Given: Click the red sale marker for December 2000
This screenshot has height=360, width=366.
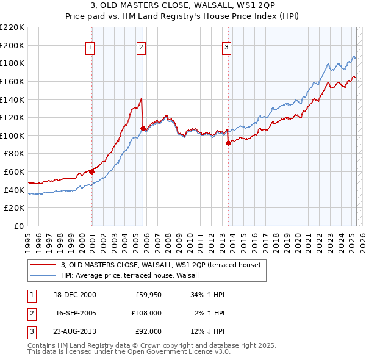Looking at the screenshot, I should [91, 171].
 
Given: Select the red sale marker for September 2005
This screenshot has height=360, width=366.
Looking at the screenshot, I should [143, 128].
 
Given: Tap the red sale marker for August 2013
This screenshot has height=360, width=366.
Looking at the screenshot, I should [228, 143].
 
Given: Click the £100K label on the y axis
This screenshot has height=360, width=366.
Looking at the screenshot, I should [12, 135].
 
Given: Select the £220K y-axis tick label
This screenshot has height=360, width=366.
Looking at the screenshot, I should [12, 27].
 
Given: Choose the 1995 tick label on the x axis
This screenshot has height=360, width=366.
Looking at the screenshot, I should [28, 238].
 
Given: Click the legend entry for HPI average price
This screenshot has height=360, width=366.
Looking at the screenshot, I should [135, 276].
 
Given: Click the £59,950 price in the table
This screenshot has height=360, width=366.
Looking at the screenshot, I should [148, 295].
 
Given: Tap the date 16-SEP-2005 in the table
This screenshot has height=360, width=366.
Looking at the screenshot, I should [76, 313].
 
